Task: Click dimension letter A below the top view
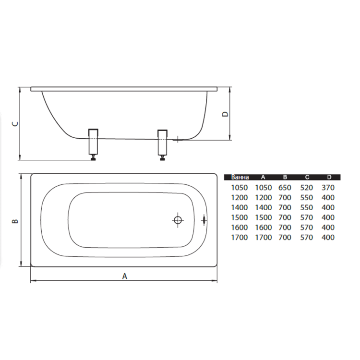click(x=124, y=276)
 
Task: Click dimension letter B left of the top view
click(x=15, y=221)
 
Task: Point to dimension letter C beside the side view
click(x=15, y=124)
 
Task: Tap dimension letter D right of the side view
click(x=226, y=114)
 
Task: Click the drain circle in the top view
click(x=178, y=220)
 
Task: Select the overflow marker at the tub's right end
click(x=204, y=220)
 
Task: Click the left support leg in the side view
click(x=93, y=142)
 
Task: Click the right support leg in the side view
click(x=162, y=143)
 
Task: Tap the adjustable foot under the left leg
click(x=93, y=158)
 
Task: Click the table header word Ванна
click(x=240, y=177)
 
